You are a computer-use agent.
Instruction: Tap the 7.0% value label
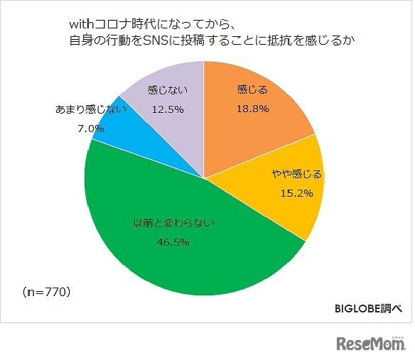click(90, 129)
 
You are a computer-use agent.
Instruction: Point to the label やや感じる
click(297, 174)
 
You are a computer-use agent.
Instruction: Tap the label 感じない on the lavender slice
click(167, 91)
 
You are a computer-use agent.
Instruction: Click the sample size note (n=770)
click(46, 291)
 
